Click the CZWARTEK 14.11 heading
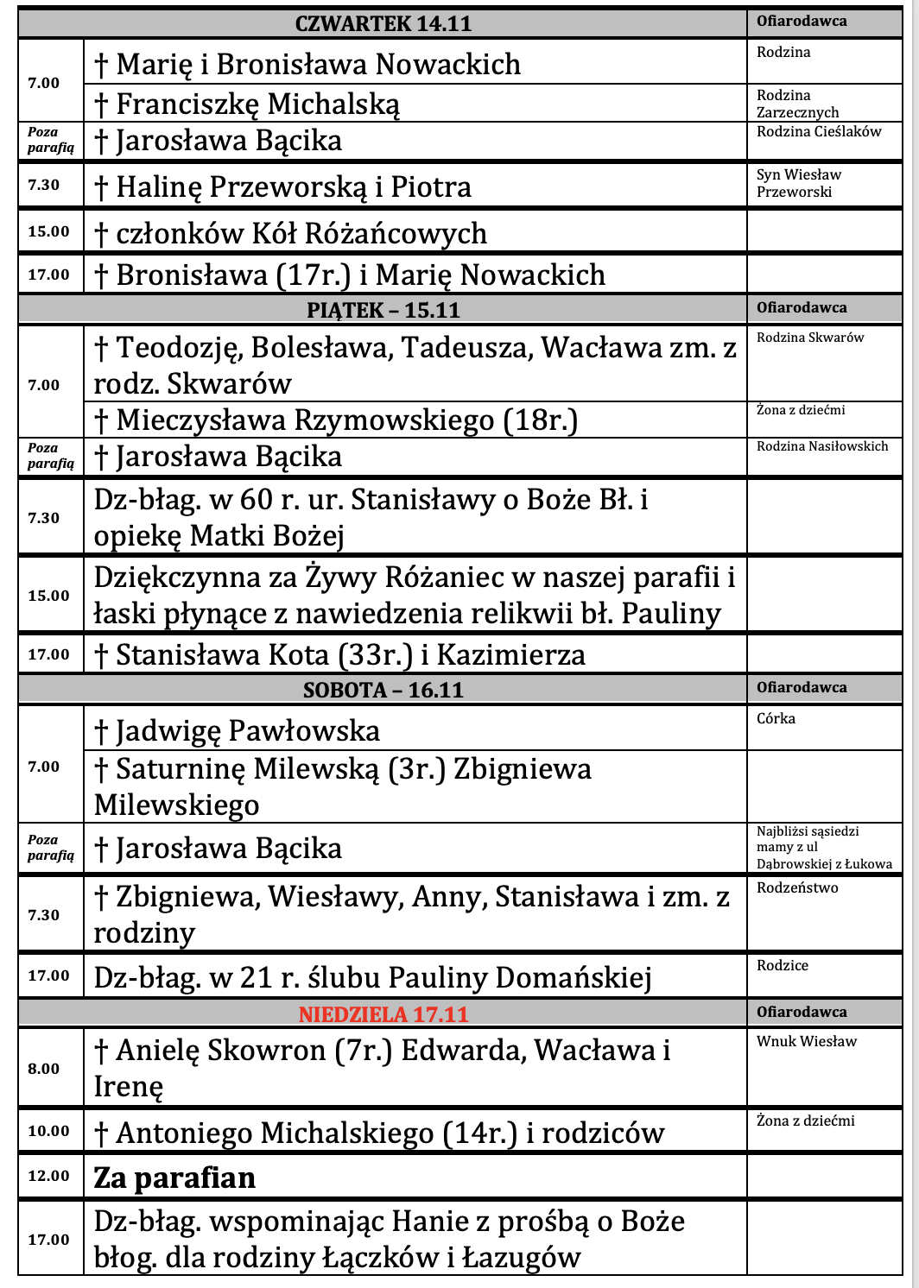click(383, 23)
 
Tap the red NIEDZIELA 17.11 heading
click(383, 1013)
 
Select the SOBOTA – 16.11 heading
click(383, 690)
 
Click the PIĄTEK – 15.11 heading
click(383, 310)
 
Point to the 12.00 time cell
click(48, 1176)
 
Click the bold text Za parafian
click(174, 1178)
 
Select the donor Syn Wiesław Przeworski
click(798, 183)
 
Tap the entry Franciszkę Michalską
click(247, 104)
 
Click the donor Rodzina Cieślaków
click(819, 132)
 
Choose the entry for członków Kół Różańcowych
click(290, 233)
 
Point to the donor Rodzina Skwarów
click(810, 338)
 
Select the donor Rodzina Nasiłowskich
click(822, 446)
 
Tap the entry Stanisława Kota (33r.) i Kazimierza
click(339, 655)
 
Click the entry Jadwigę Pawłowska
click(237, 731)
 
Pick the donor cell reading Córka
click(776, 718)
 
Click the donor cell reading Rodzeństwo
click(797, 887)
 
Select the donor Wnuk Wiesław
click(807, 1041)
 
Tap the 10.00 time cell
click(48, 1131)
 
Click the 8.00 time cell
click(43, 1069)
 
